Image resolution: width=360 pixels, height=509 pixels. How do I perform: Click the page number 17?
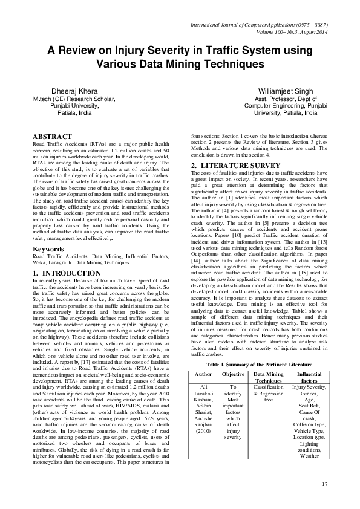click(x=324, y=484)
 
